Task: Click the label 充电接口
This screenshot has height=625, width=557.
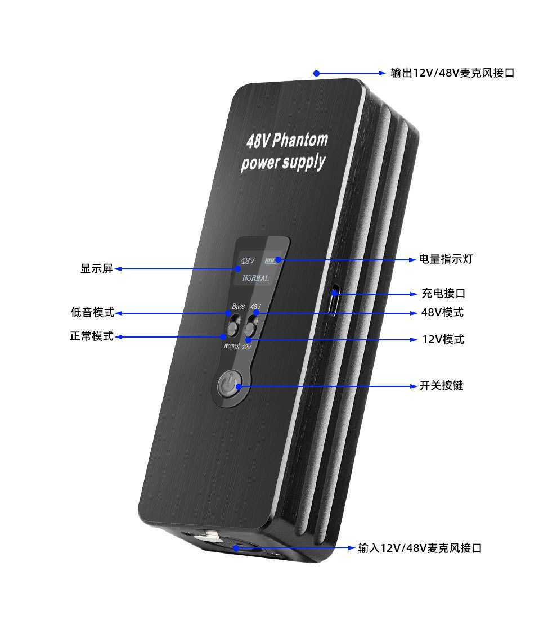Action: pos(443,294)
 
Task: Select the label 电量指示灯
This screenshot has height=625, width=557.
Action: pos(446,259)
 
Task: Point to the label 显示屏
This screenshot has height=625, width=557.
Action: pos(96,269)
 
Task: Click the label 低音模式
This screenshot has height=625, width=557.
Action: pos(92,312)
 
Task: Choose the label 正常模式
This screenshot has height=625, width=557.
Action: pos(92,336)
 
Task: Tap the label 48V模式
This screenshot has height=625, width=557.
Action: pos(443,312)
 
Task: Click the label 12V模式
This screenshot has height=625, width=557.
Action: pos(443,340)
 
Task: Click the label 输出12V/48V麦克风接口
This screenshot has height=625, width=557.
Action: pos(452,73)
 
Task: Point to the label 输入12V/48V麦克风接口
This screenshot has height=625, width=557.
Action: pos(420,548)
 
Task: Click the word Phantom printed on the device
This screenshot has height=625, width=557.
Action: pos(299,140)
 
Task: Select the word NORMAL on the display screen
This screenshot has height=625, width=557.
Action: pos(255,278)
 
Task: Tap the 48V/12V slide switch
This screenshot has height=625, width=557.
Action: pos(251,326)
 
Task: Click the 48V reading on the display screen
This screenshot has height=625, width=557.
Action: pos(248,261)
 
